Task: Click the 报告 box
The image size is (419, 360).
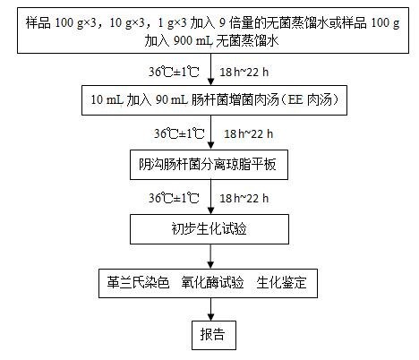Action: pyautogui.click(x=214, y=335)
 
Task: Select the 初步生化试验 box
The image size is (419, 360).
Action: pyautogui.click(x=209, y=229)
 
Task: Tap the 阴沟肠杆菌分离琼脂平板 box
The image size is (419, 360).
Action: pyautogui.click(x=209, y=165)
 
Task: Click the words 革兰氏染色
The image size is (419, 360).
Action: pyautogui.click(x=138, y=282)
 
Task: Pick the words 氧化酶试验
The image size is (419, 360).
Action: pyautogui.click(x=212, y=282)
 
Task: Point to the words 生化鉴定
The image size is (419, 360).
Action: pyautogui.click(x=281, y=282)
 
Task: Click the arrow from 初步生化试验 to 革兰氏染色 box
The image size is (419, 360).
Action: pyautogui.click(x=210, y=256)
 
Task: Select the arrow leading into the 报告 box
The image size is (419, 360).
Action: pyautogui.click(x=210, y=309)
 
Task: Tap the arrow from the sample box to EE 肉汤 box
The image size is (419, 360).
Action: pyautogui.click(x=210, y=69)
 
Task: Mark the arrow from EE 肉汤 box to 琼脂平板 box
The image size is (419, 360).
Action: pyautogui.click(x=210, y=132)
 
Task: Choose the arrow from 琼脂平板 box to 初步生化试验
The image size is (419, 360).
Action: pyautogui.click(x=210, y=197)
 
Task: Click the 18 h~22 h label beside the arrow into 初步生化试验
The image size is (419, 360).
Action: pyautogui.click(x=244, y=198)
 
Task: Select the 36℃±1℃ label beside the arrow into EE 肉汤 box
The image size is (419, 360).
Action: pyautogui.click(x=174, y=72)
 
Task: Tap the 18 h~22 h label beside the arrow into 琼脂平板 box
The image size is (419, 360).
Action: pyautogui.click(x=249, y=133)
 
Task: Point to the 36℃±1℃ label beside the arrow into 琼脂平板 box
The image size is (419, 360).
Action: pyautogui.click(x=179, y=133)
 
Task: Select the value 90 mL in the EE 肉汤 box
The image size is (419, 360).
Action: pyautogui.click(x=172, y=99)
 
